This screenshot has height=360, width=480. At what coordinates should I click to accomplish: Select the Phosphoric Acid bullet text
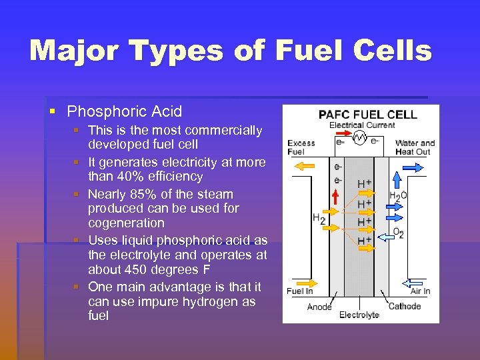coord(125,111)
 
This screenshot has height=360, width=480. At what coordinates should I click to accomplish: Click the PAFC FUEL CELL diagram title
coord(367,114)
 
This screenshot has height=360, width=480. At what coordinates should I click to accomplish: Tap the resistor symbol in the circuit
coord(360,138)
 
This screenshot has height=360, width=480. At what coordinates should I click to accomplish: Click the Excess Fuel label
coord(301,147)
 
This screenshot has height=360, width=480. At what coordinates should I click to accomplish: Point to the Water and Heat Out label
coord(415,147)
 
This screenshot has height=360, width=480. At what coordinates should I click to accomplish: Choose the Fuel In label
coord(299,291)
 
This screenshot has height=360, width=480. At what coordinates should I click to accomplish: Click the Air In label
coord(420,291)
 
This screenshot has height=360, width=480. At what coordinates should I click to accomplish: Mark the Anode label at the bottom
coord(319,307)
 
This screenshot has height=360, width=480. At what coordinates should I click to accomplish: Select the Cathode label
coord(404,306)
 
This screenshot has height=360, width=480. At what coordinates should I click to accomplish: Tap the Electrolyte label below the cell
coord(359,315)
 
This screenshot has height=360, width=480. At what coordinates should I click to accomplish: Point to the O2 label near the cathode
coord(398,233)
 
